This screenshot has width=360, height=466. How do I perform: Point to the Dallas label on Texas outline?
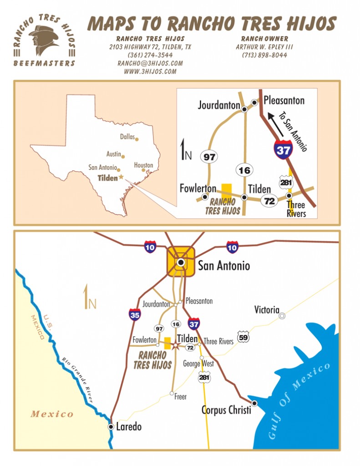[128, 137]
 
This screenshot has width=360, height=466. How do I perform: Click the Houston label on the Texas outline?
[143, 165]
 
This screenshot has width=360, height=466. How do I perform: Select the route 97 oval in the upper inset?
[210, 157]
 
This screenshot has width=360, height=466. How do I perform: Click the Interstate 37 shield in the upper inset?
[283, 150]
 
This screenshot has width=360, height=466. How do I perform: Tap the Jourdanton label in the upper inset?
[219, 106]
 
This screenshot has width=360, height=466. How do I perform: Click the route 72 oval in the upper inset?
[269, 200]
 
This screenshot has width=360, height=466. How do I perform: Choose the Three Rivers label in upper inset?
[296, 209]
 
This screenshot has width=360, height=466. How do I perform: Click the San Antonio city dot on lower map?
[181, 262]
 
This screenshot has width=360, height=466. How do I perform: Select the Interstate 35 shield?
[135, 314]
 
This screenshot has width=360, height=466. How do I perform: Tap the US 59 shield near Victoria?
[244, 338]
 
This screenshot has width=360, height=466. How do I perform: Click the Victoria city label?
[267, 310]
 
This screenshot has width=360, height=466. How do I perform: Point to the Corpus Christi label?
[226, 410]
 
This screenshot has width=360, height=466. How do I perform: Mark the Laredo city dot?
[111, 426]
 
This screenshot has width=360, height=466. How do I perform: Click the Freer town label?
[181, 397]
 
